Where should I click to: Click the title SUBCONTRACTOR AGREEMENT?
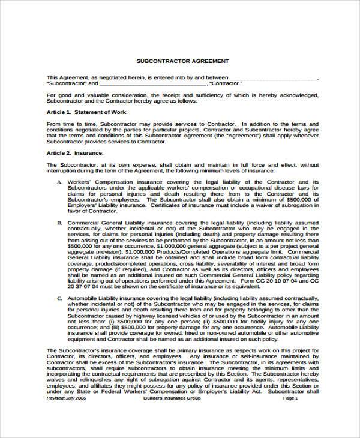(x=182, y=62)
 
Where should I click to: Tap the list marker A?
(x=59, y=181)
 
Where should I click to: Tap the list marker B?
(x=59, y=222)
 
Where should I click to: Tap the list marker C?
(x=59, y=297)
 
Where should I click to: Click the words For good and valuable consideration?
(x=95, y=95)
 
